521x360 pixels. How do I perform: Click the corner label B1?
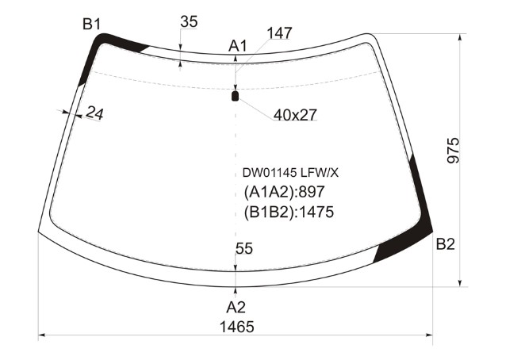tap(91, 25)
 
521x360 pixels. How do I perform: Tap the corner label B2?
tap(445, 244)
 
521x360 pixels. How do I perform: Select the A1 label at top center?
tap(238, 46)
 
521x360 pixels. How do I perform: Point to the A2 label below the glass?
tap(236, 307)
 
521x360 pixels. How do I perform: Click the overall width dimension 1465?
tap(237, 327)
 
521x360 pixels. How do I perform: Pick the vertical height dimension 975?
tap(454, 150)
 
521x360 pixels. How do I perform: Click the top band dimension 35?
tap(189, 22)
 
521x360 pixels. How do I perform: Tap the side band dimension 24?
tap(94, 113)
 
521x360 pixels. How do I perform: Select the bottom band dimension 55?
tap(244, 248)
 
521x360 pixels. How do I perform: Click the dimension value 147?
tap(279, 33)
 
